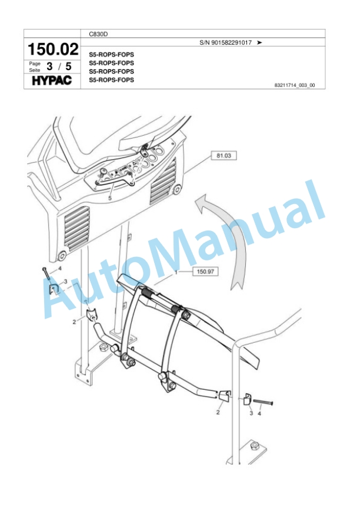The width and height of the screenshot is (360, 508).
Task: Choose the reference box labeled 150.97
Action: click(x=205, y=272)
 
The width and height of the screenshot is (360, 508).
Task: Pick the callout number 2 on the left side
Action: click(x=74, y=322)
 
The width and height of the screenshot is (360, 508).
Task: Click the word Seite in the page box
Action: click(x=34, y=69)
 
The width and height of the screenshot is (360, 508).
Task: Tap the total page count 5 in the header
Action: click(x=69, y=66)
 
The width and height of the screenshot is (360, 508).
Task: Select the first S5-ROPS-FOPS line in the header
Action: click(x=111, y=54)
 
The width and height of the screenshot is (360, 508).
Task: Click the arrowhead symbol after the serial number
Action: click(x=259, y=43)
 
